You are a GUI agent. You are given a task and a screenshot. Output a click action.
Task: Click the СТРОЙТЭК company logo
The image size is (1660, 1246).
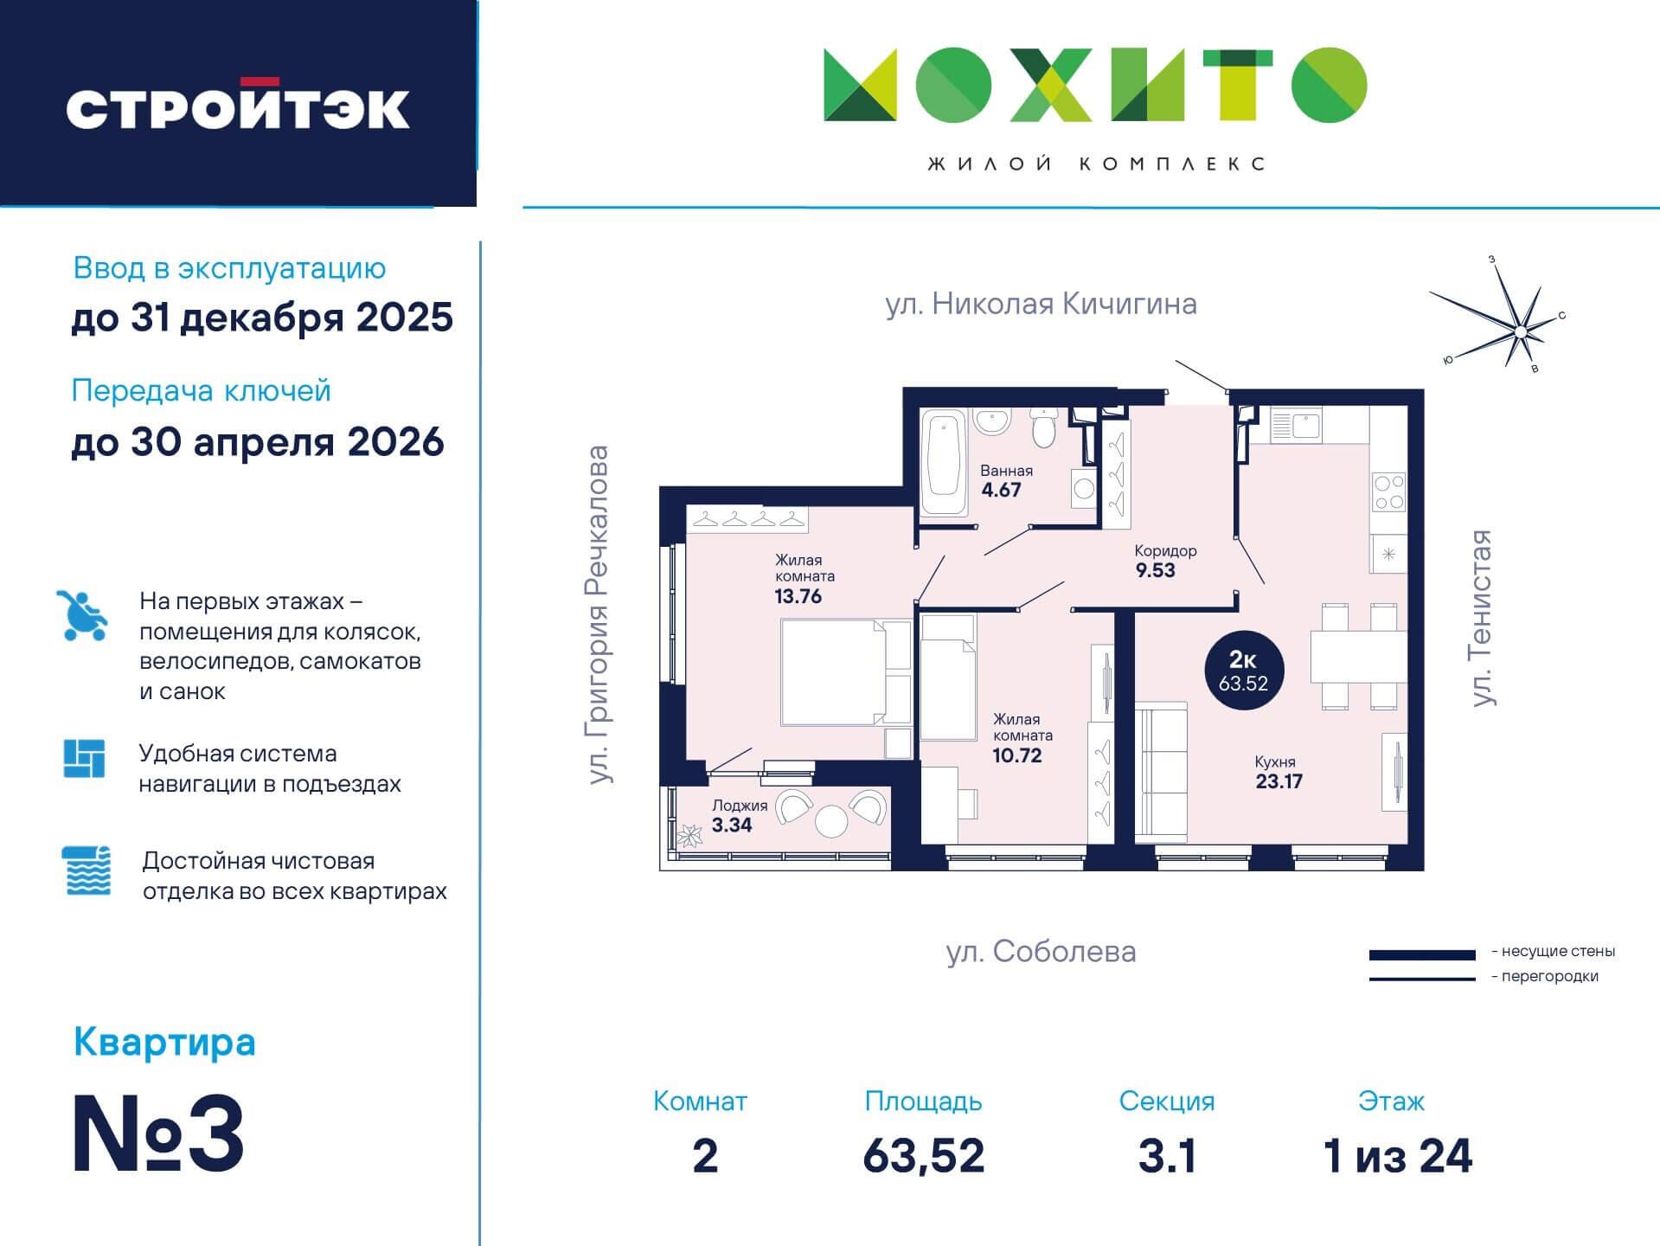238,106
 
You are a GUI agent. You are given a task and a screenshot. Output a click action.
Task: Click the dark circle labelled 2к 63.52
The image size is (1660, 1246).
1244,671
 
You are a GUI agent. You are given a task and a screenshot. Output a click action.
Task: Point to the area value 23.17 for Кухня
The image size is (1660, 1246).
1279,781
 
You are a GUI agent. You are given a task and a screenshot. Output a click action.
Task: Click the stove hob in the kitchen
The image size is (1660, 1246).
1388,492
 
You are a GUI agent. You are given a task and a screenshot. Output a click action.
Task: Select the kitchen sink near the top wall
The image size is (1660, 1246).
1294,425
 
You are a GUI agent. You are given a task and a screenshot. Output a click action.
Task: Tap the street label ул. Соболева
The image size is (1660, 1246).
1041,952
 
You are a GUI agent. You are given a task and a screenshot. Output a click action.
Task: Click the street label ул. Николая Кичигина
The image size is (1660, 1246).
1041,304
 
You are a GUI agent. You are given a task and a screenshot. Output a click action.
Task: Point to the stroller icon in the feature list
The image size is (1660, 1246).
83,614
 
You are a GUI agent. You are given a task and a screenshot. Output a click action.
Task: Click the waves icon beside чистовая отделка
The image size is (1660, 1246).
87,870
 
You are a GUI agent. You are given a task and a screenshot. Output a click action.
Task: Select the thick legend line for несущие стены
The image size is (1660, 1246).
1421,954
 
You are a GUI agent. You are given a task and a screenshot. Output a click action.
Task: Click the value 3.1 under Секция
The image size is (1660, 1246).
1166,1156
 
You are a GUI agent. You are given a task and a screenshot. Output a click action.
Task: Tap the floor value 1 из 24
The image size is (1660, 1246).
1397,1156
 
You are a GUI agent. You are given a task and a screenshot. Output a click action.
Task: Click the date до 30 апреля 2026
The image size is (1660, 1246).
258,442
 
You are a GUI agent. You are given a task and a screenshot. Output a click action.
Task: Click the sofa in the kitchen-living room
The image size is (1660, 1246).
1161,773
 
